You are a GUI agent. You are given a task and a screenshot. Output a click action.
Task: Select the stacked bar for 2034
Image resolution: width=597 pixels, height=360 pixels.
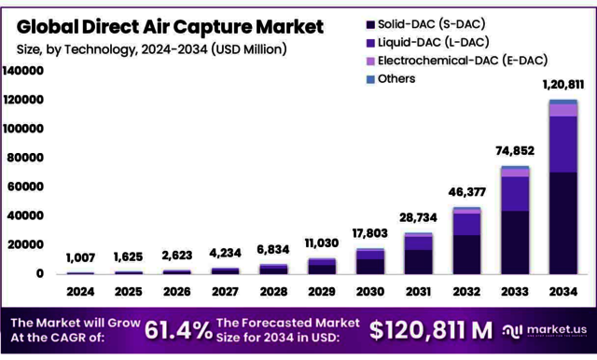(x=562, y=187)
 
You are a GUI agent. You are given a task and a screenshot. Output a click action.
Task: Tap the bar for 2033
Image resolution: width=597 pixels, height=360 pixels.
(x=514, y=220)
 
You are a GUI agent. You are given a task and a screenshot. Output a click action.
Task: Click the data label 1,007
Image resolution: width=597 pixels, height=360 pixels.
(x=81, y=257)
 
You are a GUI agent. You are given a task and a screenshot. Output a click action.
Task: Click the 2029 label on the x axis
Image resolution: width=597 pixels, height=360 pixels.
(x=322, y=291)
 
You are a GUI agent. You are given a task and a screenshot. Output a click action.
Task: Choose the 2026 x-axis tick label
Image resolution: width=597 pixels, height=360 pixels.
(x=177, y=291)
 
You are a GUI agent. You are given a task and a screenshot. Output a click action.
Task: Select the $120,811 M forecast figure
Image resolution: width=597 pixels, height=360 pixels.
(x=430, y=329)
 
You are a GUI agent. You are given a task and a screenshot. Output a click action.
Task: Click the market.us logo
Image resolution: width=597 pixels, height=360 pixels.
(x=544, y=329)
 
